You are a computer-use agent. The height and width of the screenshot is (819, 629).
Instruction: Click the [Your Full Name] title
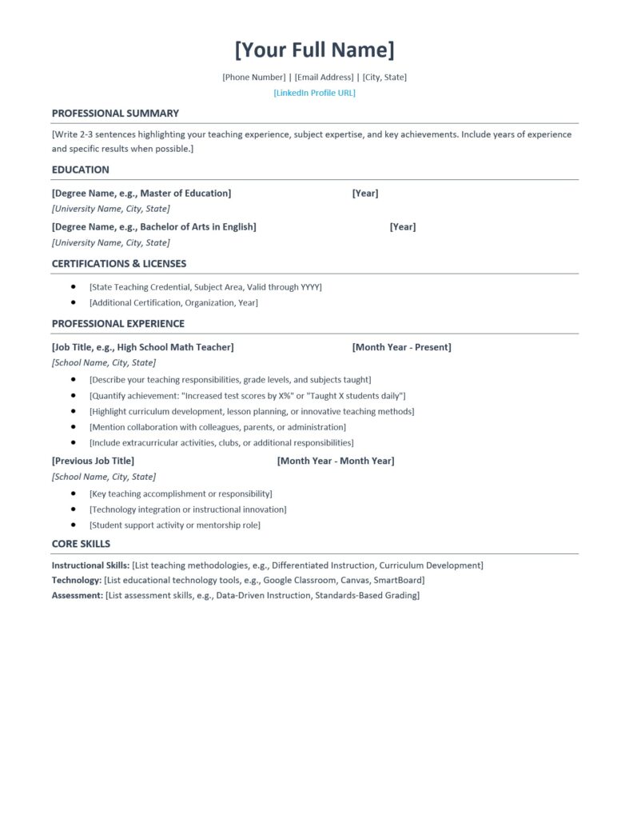[314, 50]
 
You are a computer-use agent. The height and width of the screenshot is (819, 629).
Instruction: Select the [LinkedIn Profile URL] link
[314, 93]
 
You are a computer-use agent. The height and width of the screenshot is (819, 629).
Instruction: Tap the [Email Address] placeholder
[324, 77]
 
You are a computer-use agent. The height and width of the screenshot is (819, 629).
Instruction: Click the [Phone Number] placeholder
[253, 77]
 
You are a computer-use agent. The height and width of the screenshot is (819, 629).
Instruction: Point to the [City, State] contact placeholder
[384, 77]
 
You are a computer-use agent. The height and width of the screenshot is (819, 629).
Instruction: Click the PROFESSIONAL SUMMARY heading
[115, 114]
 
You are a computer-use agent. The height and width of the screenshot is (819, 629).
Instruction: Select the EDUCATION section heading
[81, 170]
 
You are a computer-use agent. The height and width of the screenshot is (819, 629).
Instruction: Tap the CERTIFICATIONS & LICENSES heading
[119, 264]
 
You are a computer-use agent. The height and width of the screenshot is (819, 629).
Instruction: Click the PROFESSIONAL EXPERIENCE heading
[118, 324]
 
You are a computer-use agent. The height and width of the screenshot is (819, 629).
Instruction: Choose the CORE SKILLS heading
[82, 544]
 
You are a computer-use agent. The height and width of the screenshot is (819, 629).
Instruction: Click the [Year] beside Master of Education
[365, 194]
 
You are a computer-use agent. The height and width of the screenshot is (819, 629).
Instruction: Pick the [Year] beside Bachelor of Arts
[403, 227]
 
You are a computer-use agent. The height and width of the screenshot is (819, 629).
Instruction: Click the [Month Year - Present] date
[401, 347]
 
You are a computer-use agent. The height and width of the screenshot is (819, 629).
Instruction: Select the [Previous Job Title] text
[93, 461]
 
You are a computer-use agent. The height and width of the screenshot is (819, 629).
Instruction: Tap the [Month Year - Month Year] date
[336, 461]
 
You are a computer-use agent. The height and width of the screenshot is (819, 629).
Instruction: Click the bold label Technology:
[77, 580]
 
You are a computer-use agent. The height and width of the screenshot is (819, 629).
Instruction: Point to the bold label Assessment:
[78, 595]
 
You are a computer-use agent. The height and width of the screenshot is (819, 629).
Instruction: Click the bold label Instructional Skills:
[90, 565]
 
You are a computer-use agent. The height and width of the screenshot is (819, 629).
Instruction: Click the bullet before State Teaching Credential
[74, 286]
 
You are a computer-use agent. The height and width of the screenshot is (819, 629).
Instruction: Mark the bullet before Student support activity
[74, 525]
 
